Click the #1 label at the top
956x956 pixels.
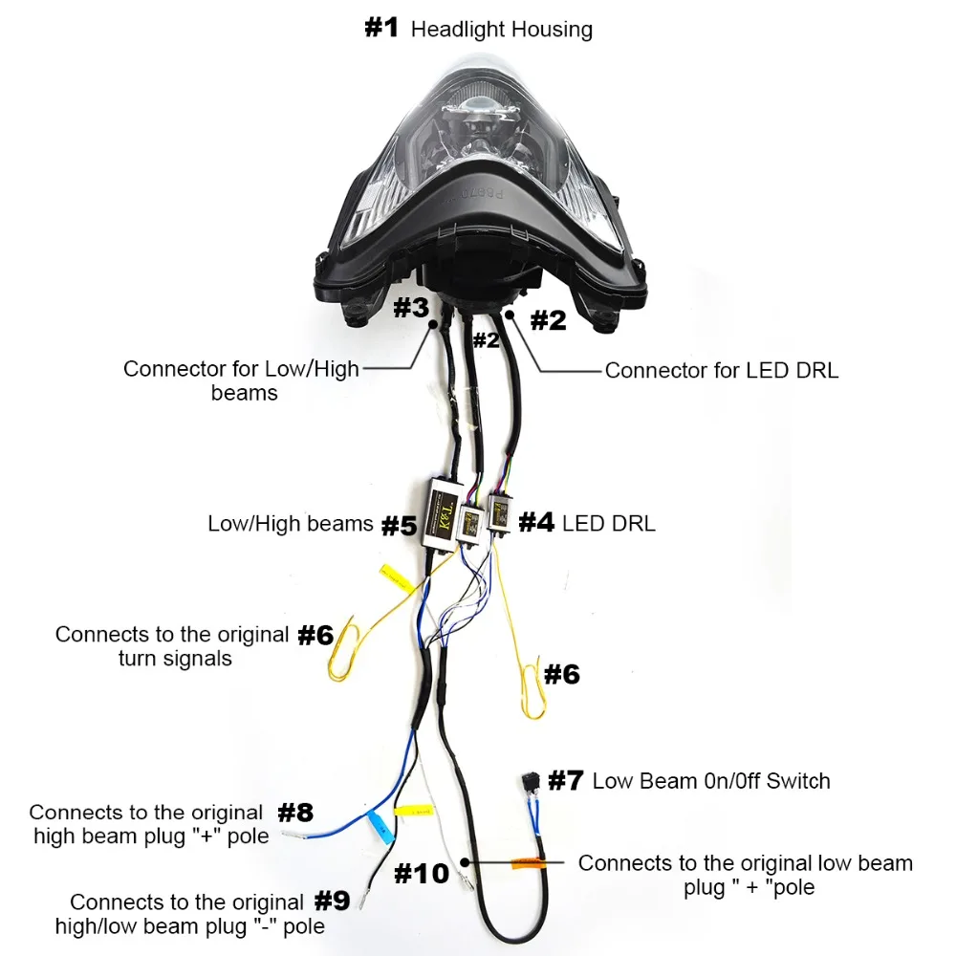381,28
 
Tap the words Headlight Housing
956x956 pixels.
501,30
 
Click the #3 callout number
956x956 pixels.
412,309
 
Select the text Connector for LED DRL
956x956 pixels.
721,370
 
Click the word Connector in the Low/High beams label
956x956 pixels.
170,369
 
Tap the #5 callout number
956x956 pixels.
399,525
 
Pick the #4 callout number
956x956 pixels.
536,522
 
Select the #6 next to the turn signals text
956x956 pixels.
315,634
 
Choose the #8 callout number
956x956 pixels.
294,813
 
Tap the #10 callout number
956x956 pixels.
421,872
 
